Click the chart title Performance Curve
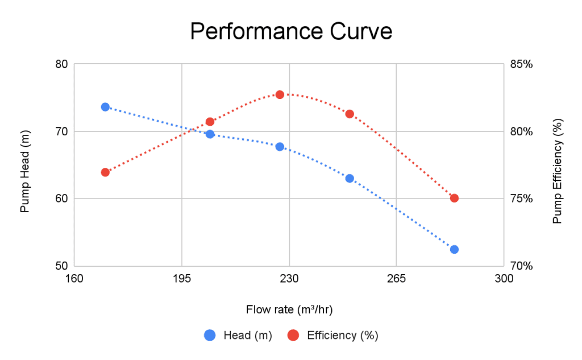[291, 31]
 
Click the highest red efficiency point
[280, 94]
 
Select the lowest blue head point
[454, 249]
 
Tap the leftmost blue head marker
[105, 107]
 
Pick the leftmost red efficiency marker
[105, 172]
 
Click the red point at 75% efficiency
[454, 198]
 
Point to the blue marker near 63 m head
[350, 178]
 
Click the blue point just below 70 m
[210, 134]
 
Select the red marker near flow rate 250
[350, 114]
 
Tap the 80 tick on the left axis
[61, 64]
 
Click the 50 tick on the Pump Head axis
[61, 266]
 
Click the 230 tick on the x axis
[289, 279]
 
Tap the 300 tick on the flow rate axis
[504, 279]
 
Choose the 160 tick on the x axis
[74, 279]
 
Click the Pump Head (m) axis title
[24, 165]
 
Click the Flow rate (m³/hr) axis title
[289, 310]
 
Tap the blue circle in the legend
[210, 336]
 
